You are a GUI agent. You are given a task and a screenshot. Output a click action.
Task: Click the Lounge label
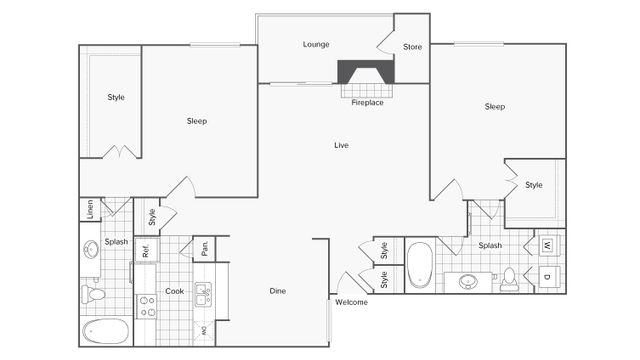(316, 44)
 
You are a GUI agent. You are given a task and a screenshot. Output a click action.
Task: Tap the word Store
(412, 47)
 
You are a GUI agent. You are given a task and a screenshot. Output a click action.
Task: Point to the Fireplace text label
(367, 102)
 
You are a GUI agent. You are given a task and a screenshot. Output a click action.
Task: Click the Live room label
(341, 146)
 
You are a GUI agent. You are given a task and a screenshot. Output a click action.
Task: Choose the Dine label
(278, 291)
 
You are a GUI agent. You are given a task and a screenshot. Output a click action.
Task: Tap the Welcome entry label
(351, 302)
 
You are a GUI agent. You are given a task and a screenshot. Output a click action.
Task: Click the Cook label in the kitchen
(174, 291)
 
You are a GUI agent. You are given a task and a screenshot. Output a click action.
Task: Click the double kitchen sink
(202, 295)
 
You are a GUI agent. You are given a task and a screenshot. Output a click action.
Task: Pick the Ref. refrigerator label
(145, 251)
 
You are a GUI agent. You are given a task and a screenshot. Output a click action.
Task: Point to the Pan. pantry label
(202, 247)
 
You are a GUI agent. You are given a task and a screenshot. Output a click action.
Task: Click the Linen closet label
(89, 209)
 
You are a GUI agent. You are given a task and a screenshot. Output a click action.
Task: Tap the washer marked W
(548, 245)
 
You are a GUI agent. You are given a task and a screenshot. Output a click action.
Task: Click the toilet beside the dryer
(510, 279)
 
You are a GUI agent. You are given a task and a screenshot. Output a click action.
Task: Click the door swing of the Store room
(385, 42)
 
